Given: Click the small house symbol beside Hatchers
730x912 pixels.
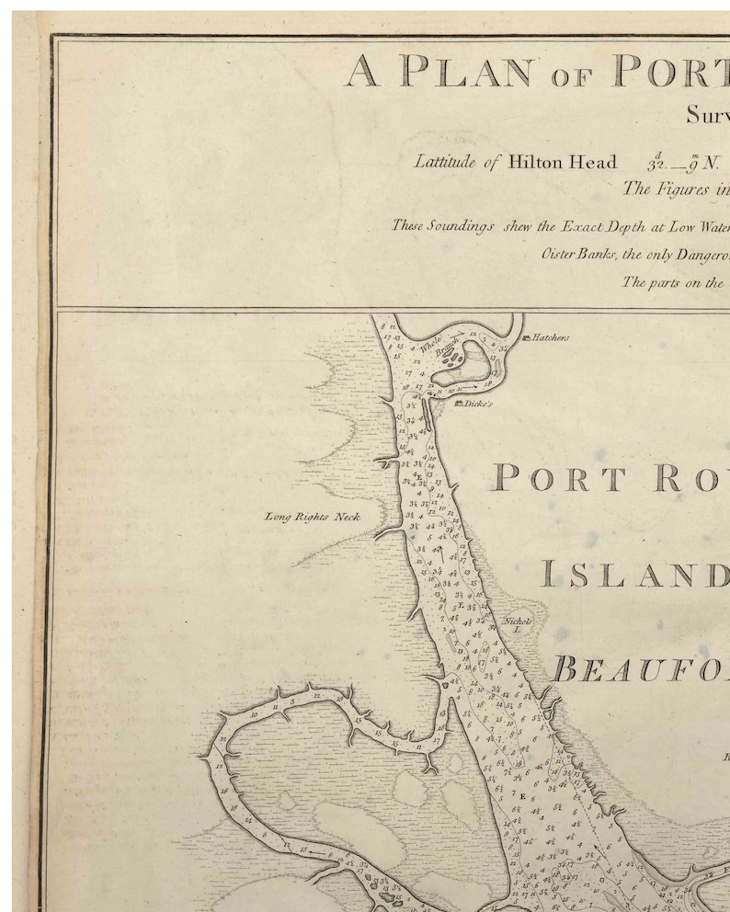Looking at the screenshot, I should click(x=526, y=338).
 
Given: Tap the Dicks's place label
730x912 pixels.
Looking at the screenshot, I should click(x=478, y=404).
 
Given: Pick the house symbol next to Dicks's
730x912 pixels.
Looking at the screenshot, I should click(x=457, y=403).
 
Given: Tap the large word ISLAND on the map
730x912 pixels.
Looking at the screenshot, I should click(x=633, y=575).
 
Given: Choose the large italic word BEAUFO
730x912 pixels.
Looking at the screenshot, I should click(x=638, y=668).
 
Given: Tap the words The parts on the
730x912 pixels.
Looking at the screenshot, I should click(x=673, y=282).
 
